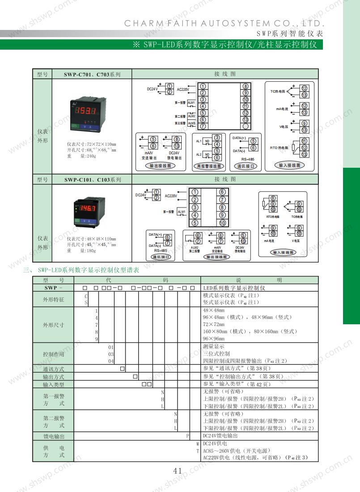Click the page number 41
coord(178,471)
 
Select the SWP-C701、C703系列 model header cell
coord(92,74)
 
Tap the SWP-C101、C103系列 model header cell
coord(92,180)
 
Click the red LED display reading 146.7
coord(88,209)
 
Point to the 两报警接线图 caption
coord(209,166)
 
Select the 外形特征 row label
coord(53,299)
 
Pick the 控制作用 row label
coord(53,354)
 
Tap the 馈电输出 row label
coord(53,436)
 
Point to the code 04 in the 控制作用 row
coord(111,361)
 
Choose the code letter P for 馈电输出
coord(188,436)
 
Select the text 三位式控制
coord(216,354)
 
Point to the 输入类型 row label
coord(53,384)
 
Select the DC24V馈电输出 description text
coord(220,436)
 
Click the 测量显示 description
coord(214,347)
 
